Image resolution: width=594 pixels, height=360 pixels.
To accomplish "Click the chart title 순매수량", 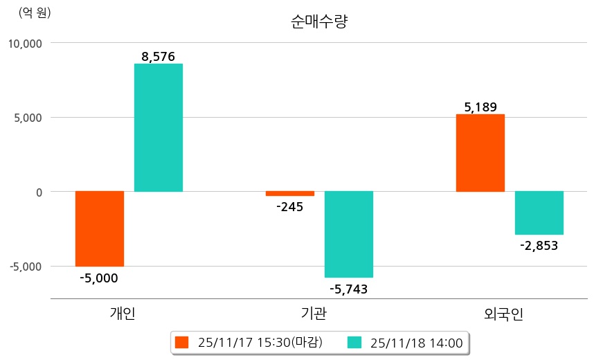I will [x=319, y=21].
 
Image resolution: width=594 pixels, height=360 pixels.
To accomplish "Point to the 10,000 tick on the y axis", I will [x=25, y=43].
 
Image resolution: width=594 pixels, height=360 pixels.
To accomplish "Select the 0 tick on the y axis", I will [x=39, y=192].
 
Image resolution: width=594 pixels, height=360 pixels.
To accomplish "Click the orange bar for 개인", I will [x=100, y=228].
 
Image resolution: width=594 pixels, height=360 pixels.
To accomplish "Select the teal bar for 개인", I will [x=159, y=127].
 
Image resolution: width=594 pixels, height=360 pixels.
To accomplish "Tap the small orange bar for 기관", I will [x=290, y=194].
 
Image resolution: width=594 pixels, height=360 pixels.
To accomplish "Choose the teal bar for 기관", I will [x=349, y=234].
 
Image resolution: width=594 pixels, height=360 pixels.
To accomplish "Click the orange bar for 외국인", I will [x=480, y=153].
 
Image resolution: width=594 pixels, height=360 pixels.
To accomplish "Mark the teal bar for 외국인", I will [x=539, y=213].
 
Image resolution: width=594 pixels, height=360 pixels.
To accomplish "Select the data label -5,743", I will [x=349, y=289].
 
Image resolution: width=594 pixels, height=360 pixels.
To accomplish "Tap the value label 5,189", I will [x=480, y=107].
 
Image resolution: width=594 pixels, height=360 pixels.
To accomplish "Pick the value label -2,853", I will [x=539, y=245].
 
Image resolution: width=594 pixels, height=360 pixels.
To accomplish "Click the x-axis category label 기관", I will [x=315, y=314].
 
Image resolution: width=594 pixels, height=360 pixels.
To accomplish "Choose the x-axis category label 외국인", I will [x=504, y=314].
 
